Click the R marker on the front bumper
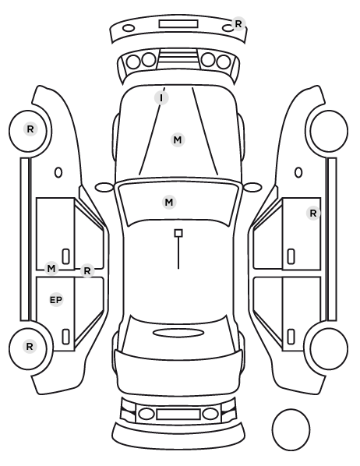coord(238,24)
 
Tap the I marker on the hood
coord(161,97)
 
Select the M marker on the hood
coord(178,139)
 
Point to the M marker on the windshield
coord(169,203)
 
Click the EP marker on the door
coord(56,300)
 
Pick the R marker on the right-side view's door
coord(313,213)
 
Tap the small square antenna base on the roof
coord(178,233)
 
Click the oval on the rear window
coord(178,333)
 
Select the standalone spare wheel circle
coord(291,429)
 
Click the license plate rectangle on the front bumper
coord(178,24)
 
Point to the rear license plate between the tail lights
coord(178,414)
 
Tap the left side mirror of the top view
coord(104,187)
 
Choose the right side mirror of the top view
coord(252,187)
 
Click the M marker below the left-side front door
coord(51,269)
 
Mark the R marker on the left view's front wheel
coord(30,129)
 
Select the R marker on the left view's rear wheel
coord(30,347)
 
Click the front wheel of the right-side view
coord(327,131)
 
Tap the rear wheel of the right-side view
coord(326,348)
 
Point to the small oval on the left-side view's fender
coord(58,172)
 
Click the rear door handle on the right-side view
coord(291,337)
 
